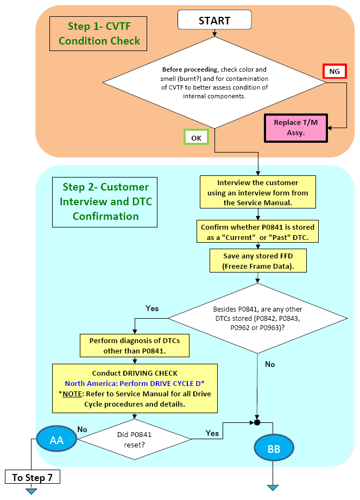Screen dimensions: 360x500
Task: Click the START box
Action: click(x=214, y=20)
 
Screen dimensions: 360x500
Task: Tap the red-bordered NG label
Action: click(x=334, y=71)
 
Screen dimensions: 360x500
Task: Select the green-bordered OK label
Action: click(x=196, y=137)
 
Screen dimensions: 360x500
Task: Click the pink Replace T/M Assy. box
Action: click(x=295, y=128)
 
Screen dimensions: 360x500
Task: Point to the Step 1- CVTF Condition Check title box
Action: click(x=98, y=34)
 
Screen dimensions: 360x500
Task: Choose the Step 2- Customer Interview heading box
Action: click(x=105, y=202)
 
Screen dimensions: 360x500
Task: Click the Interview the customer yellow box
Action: click(x=257, y=192)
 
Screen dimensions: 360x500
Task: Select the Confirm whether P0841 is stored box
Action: click(x=257, y=231)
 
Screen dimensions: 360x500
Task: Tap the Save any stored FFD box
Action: click(x=258, y=261)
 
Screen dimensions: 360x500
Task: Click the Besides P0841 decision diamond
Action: click(x=257, y=318)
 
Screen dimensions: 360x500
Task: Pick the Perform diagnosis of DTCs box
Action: click(x=135, y=345)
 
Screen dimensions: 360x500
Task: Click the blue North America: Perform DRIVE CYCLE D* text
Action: click(x=135, y=383)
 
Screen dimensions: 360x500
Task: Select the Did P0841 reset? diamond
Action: click(x=135, y=439)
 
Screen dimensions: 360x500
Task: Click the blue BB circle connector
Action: click(x=274, y=448)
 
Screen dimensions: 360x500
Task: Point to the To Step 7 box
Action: click(x=33, y=477)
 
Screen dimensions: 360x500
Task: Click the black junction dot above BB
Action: click(x=257, y=422)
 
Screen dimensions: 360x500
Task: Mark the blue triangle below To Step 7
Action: click(x=31, y=491)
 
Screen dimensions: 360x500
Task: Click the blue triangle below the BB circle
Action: click(x=273, y=488)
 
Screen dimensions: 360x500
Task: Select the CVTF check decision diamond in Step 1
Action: click(x=214, y=83)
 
